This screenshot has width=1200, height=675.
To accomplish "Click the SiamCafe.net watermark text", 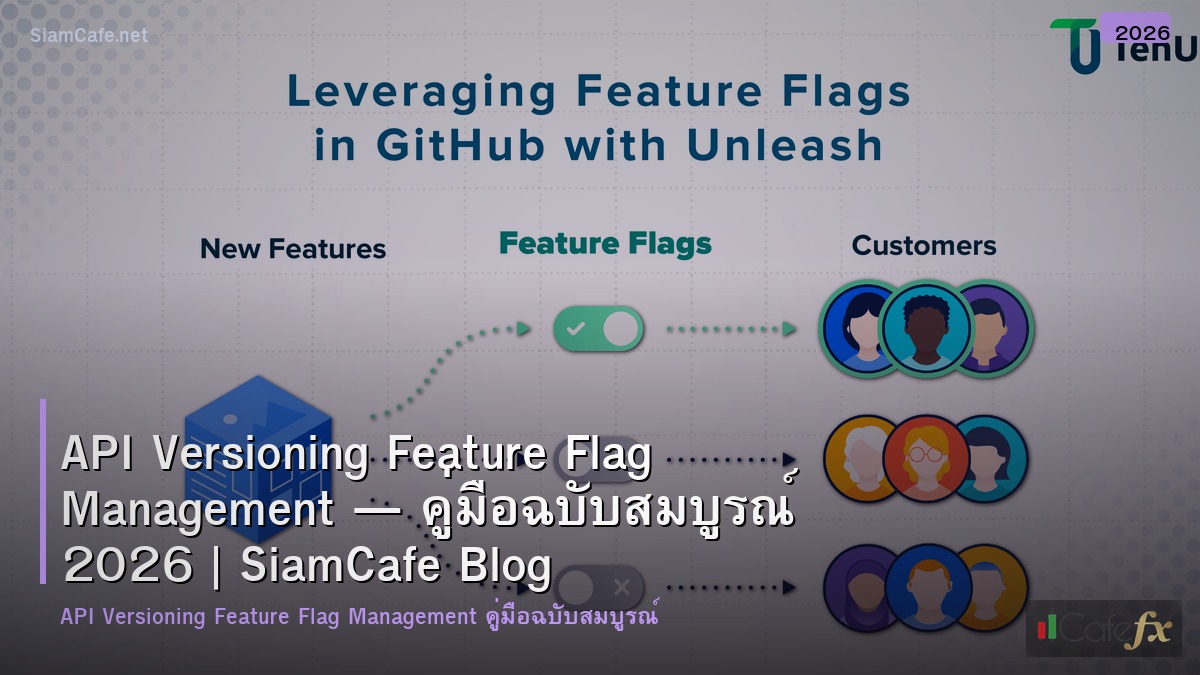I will [x=89, y=35].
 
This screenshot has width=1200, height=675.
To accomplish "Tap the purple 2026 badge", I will [x=1135, y=30].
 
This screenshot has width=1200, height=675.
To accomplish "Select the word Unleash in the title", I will [x=785, y=146].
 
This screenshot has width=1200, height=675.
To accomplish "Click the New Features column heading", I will [x=293, y=249].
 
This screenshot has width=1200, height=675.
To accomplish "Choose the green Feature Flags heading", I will [x=605, y=244].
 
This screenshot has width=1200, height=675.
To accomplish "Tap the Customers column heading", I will [x=923, y=246].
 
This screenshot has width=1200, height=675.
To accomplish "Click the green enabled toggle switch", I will [x=598, y=328].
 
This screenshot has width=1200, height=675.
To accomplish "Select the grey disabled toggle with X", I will [x=600, y=587].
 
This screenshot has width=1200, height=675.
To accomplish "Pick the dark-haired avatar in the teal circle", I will [x=925, y=328].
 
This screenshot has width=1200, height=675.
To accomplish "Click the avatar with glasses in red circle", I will [x=925, y=458].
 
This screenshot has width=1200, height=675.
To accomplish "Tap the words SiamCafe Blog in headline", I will [x=396, y=567].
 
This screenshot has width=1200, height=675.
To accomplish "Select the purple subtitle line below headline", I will [x=359, y=617].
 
